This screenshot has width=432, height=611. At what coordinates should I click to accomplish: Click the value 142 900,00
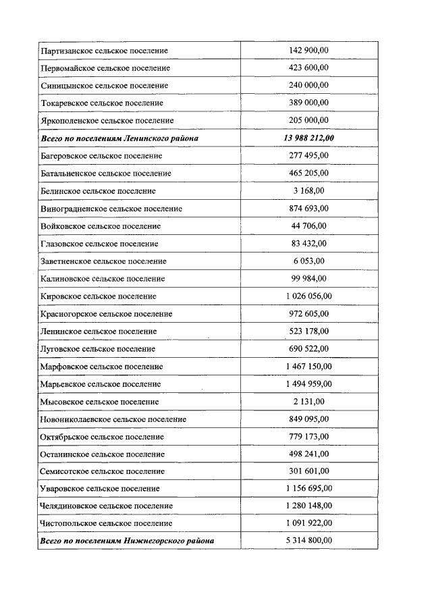pos(308,51)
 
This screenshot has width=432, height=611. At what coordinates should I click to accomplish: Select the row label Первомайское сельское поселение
pos(105,68)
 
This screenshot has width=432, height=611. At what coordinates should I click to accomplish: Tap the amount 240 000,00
pos(308,86)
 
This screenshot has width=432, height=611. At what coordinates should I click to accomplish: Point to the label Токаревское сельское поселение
pos(102,103)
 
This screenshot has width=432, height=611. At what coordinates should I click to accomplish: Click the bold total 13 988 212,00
pos(308,138)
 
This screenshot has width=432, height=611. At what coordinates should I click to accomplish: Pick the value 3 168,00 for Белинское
pos(308,191)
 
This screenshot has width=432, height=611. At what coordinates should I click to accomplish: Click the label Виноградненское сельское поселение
pos(111,209)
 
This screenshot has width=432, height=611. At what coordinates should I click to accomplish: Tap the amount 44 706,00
pos(308,226)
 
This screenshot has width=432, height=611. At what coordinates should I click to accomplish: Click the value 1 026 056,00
pos(308,296)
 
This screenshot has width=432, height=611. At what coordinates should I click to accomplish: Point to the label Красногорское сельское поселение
pos(107,314)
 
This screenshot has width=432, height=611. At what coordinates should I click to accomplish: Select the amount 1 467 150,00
pos(308,366)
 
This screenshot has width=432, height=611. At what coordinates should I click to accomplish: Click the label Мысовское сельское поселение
pos(100,402)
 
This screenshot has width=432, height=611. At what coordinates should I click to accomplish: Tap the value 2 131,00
pos(308,402)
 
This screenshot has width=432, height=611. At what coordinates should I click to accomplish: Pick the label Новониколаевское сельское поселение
pos(113,419)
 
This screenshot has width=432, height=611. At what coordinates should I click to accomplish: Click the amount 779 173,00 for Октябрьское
pos(308,437)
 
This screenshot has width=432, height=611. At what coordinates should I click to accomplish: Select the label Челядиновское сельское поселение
pos(107,506)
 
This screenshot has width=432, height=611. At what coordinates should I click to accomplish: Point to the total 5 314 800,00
pos(308,541)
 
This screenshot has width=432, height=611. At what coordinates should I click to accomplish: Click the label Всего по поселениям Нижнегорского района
pos(128,541)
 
